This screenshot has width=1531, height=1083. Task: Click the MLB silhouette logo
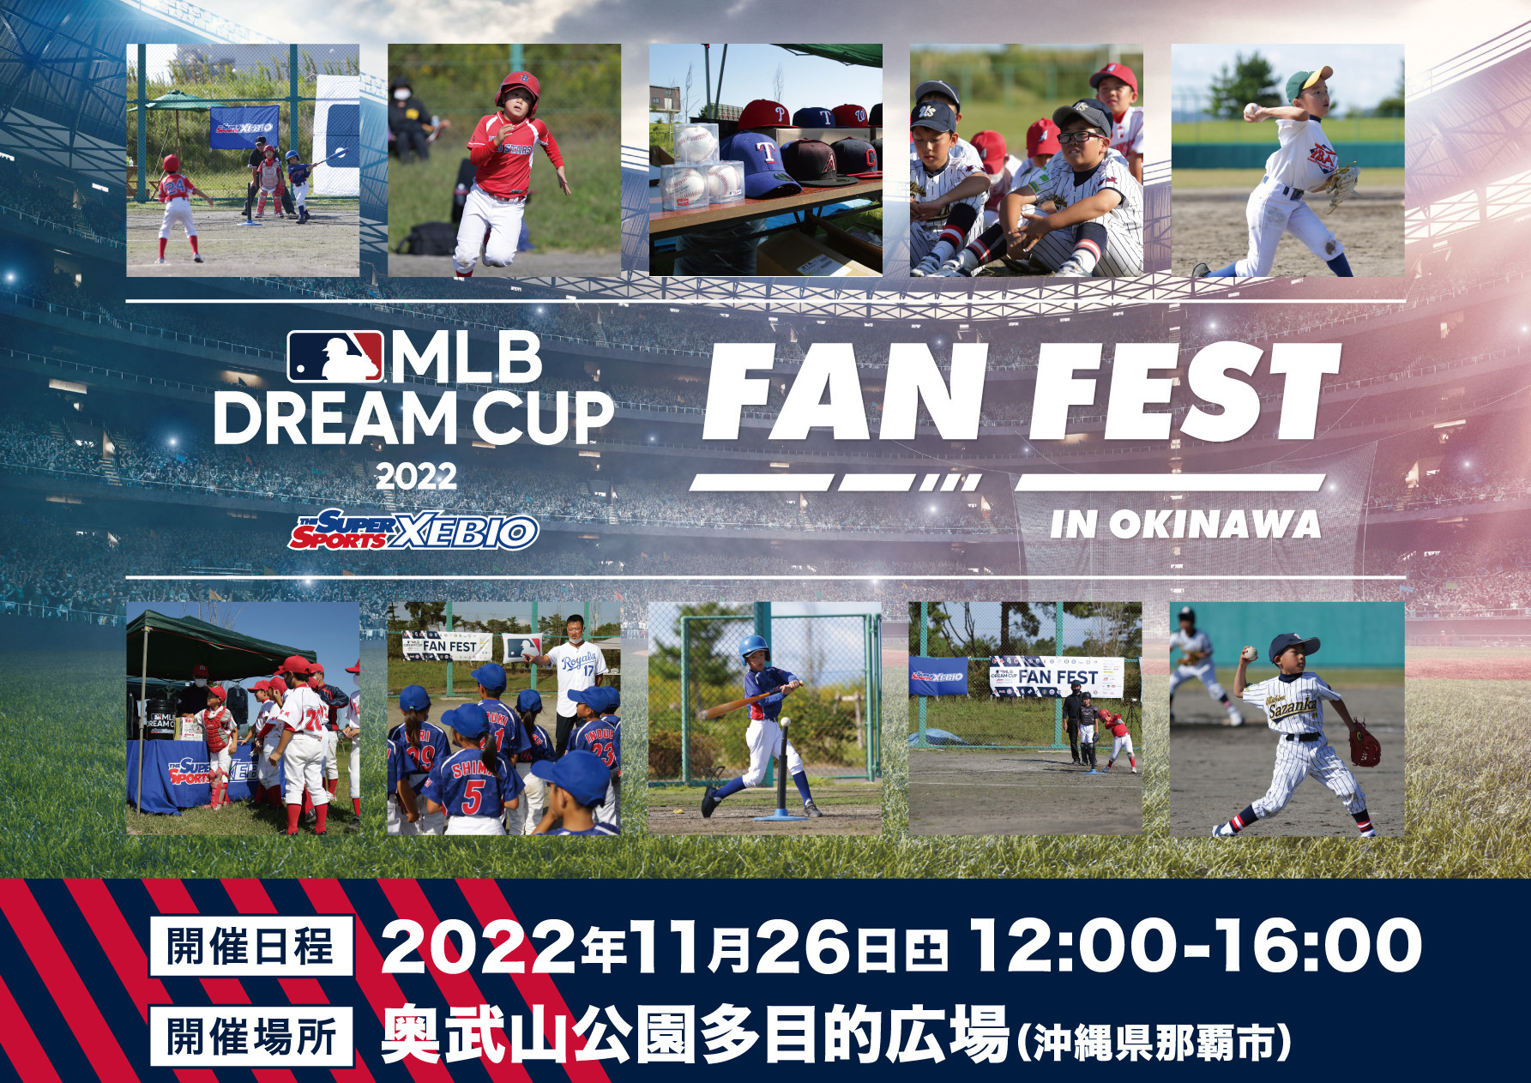(335, 356)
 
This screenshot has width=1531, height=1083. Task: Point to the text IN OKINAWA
(1185, 525)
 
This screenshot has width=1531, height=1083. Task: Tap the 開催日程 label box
(250, 947)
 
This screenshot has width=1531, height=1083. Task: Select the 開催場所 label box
(250, 1037)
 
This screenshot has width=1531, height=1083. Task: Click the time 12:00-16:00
(1196, 946)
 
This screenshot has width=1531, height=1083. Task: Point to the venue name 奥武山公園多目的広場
(695, 1036)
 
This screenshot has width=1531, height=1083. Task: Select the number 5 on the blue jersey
(473, 796)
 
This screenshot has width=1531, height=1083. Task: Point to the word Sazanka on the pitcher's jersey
(1293, 705)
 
